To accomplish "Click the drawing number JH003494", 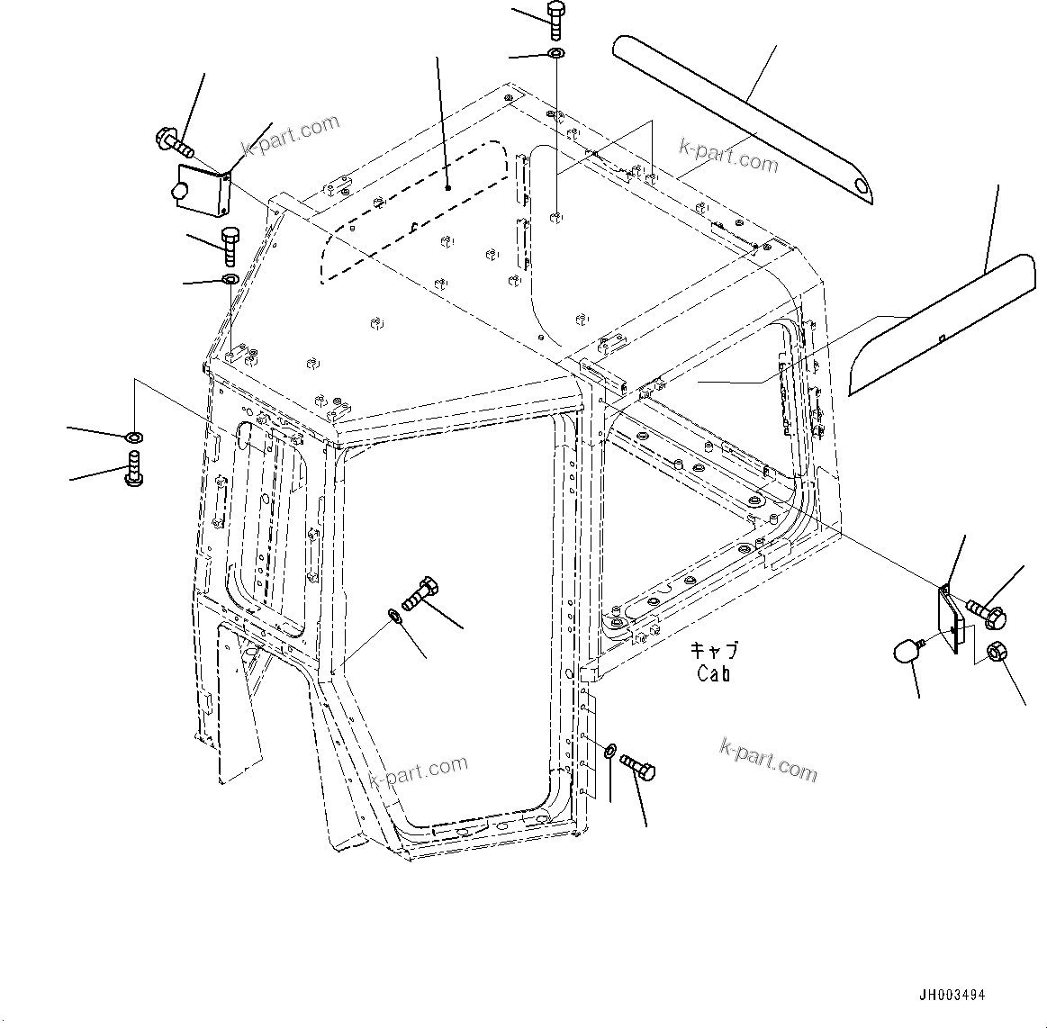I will coord(952,996).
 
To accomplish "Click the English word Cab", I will coord(713,672).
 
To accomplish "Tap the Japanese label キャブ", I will coord(714,650).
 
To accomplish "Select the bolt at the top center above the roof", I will coord(555,19).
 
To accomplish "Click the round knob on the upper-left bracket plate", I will coord(178,192).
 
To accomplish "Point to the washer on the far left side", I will coord(133,437).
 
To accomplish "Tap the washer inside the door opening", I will coord(395,616).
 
